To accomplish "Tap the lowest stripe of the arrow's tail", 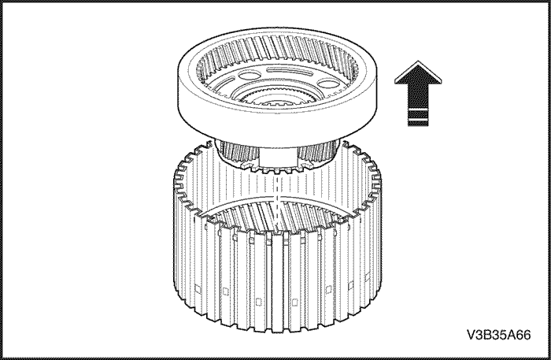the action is point(418,123).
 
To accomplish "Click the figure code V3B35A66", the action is point(498,335).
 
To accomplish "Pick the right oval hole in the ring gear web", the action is point(328,84).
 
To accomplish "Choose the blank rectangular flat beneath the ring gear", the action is point(278,157).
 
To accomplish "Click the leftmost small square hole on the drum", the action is point(198,289).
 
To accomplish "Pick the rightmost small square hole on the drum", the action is point(368,277).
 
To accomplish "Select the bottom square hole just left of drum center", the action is point(259,302).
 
